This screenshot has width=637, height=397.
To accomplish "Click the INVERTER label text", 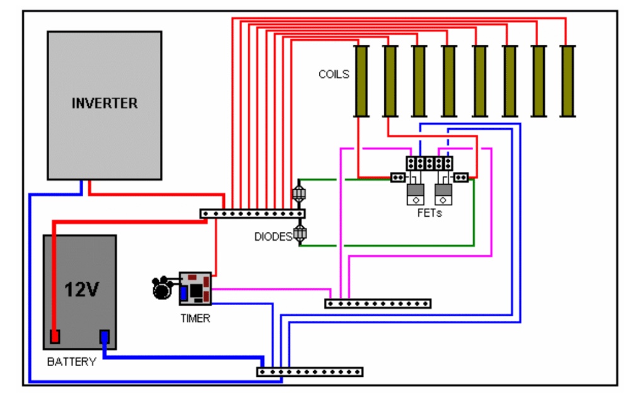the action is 105,103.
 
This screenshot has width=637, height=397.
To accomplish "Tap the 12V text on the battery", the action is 82,290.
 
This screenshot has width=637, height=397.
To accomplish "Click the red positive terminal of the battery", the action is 55,337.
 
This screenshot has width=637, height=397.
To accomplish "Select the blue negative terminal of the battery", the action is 105,337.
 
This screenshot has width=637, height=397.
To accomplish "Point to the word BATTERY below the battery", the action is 72,362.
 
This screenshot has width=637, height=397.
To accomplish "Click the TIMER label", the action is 195,318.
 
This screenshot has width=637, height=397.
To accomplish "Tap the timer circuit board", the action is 195,289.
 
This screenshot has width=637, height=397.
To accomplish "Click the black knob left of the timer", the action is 162,288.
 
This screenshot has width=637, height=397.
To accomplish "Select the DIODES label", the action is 273,236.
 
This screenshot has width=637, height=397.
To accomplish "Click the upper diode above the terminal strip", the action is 299,193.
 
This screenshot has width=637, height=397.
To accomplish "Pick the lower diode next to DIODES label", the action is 300,233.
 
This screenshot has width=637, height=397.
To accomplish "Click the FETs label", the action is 430,213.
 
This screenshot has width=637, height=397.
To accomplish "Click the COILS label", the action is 333,74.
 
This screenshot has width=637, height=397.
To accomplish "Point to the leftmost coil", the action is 361,81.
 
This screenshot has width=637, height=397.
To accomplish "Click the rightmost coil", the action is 568,81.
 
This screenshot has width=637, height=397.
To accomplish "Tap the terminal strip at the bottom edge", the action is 309,372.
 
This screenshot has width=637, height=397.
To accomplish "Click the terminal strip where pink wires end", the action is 378,304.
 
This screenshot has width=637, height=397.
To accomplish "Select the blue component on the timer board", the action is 183,294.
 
